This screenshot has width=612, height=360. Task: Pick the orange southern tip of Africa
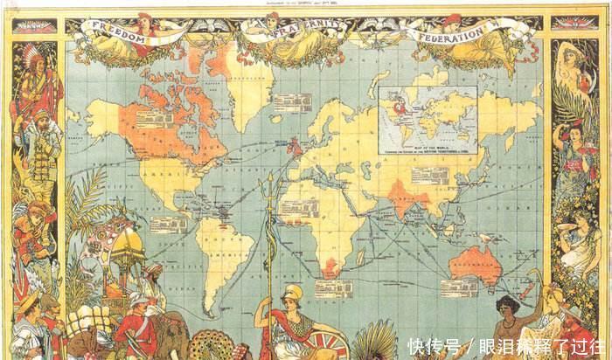coord(330,267)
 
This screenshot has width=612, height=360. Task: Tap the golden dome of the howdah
coord(128,244)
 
